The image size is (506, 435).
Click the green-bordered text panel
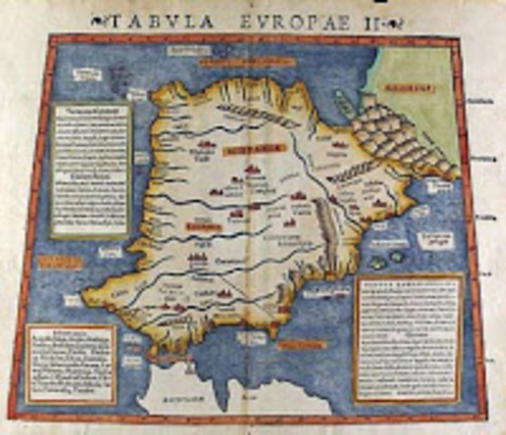(x=91, y=169)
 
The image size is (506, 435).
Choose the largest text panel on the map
(x=407, y=336)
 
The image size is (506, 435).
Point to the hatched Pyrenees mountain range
(x=399, y=136)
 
